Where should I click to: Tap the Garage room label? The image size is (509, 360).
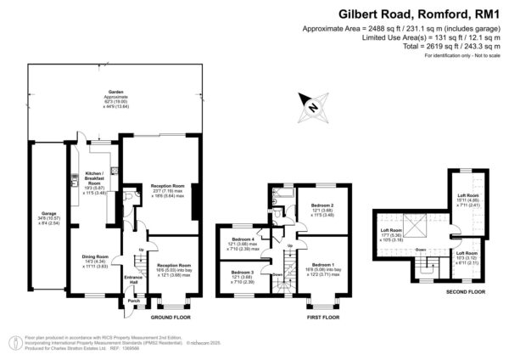pos(47,217)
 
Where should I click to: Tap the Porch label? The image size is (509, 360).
pos(132,301)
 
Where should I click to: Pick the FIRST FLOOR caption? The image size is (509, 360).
pos(323,316)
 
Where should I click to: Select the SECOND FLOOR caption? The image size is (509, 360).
pos(465,291)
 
